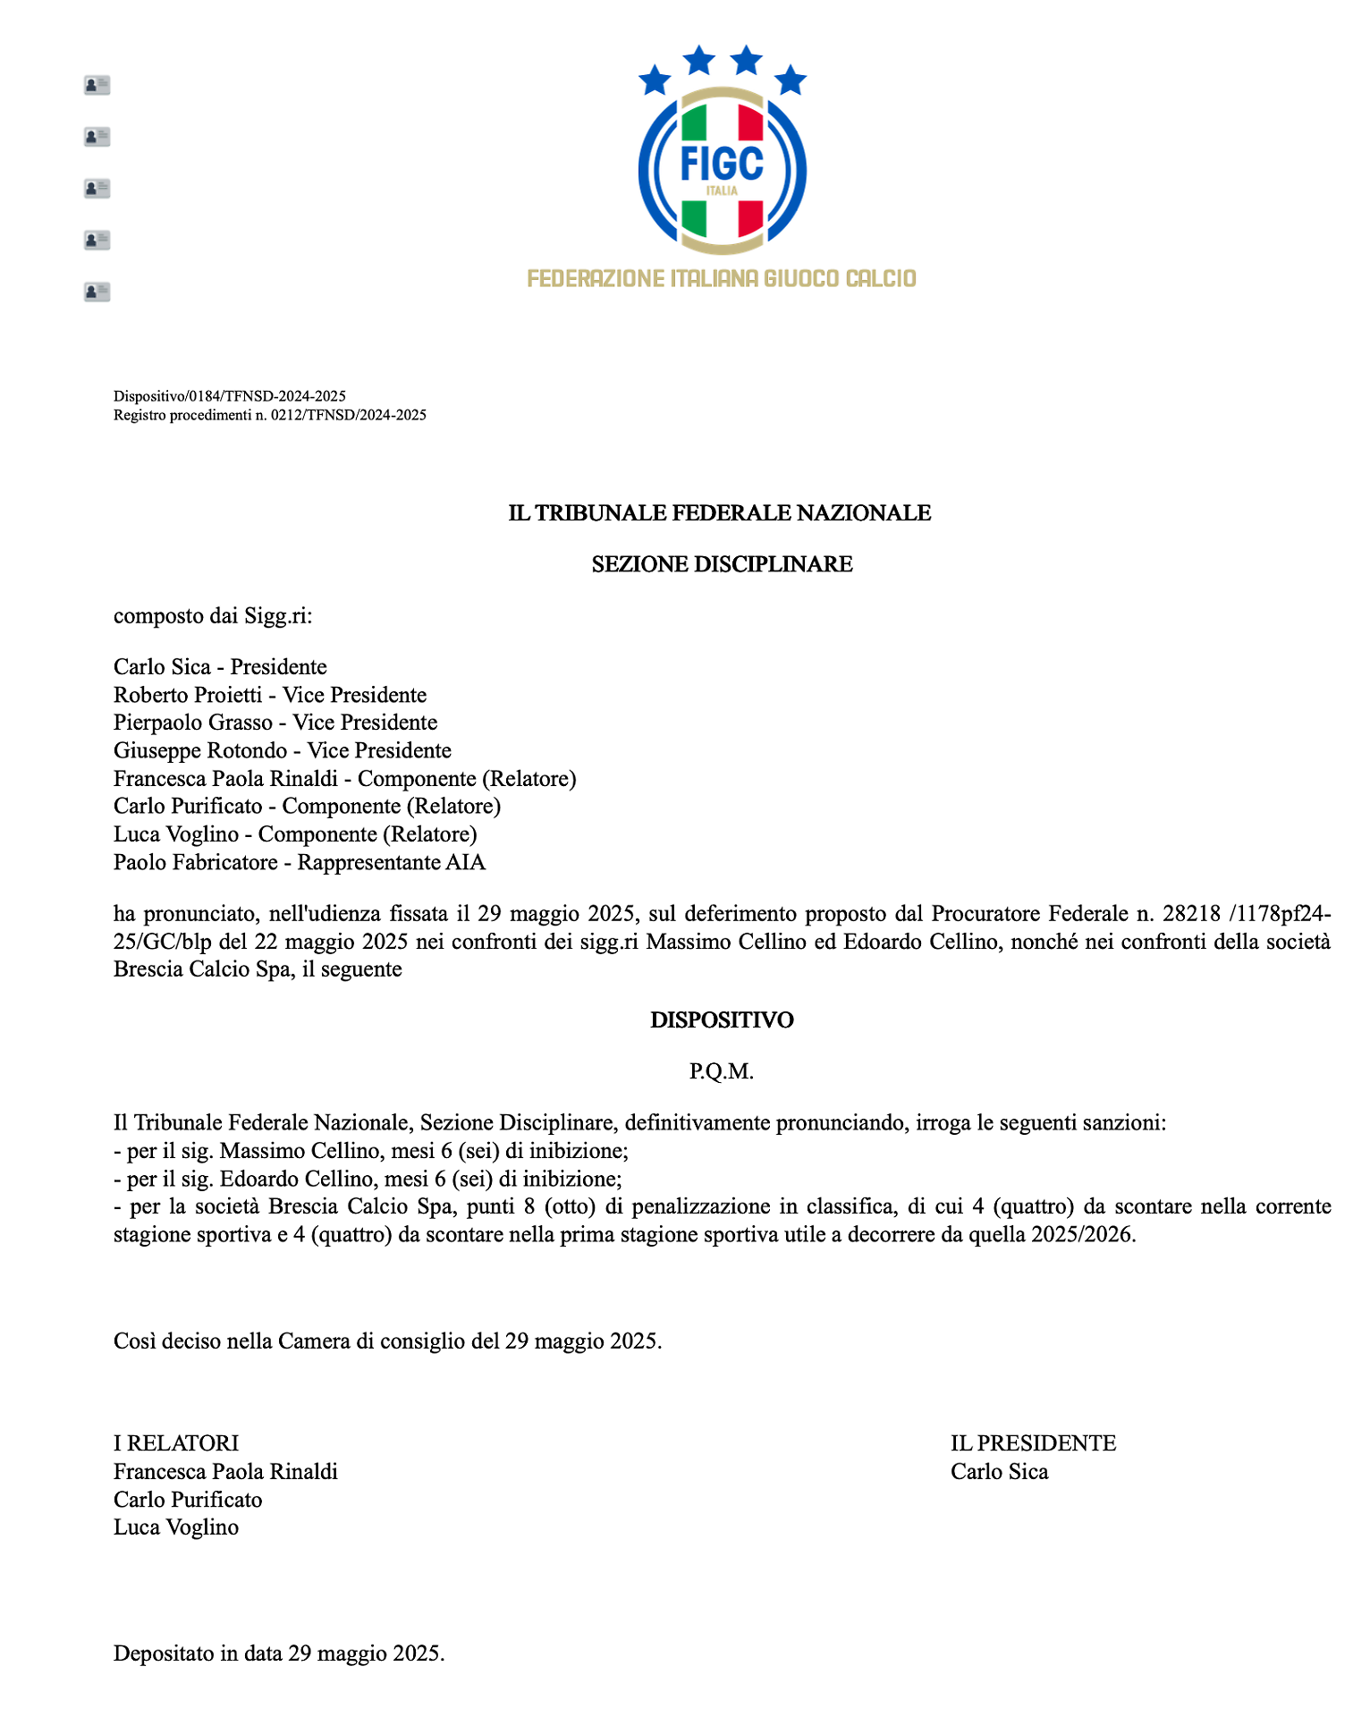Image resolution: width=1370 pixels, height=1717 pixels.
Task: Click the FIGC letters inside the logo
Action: click(722, 163)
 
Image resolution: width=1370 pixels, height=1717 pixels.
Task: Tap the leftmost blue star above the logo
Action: click(655, 80)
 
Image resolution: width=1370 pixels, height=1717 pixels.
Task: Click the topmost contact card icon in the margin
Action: click(97, 85)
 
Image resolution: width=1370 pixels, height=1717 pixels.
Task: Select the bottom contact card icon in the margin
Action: click(97, 292)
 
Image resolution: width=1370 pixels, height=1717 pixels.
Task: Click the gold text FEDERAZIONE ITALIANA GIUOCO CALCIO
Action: click(722, 278)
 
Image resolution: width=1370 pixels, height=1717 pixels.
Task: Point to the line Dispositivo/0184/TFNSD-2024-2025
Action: click(230, 395)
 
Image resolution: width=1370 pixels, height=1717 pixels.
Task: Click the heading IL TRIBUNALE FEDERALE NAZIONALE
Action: click(720, 512)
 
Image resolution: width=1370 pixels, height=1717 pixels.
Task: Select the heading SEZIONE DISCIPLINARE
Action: click(722, 564)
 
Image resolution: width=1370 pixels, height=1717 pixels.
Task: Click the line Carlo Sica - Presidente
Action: click(220, 666)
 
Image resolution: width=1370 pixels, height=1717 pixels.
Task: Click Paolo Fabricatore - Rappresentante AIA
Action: click(300, 862)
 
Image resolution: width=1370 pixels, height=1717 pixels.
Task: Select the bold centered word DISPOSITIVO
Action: click(722, 1020)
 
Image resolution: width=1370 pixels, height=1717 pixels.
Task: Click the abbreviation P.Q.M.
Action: click(722, 1071)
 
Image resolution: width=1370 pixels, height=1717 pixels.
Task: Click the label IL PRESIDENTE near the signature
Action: click(1033, 1442)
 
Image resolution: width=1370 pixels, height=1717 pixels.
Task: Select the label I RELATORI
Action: click(176, 1442)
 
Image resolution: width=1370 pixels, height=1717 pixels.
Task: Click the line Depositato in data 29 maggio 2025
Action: click(279, 1654)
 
